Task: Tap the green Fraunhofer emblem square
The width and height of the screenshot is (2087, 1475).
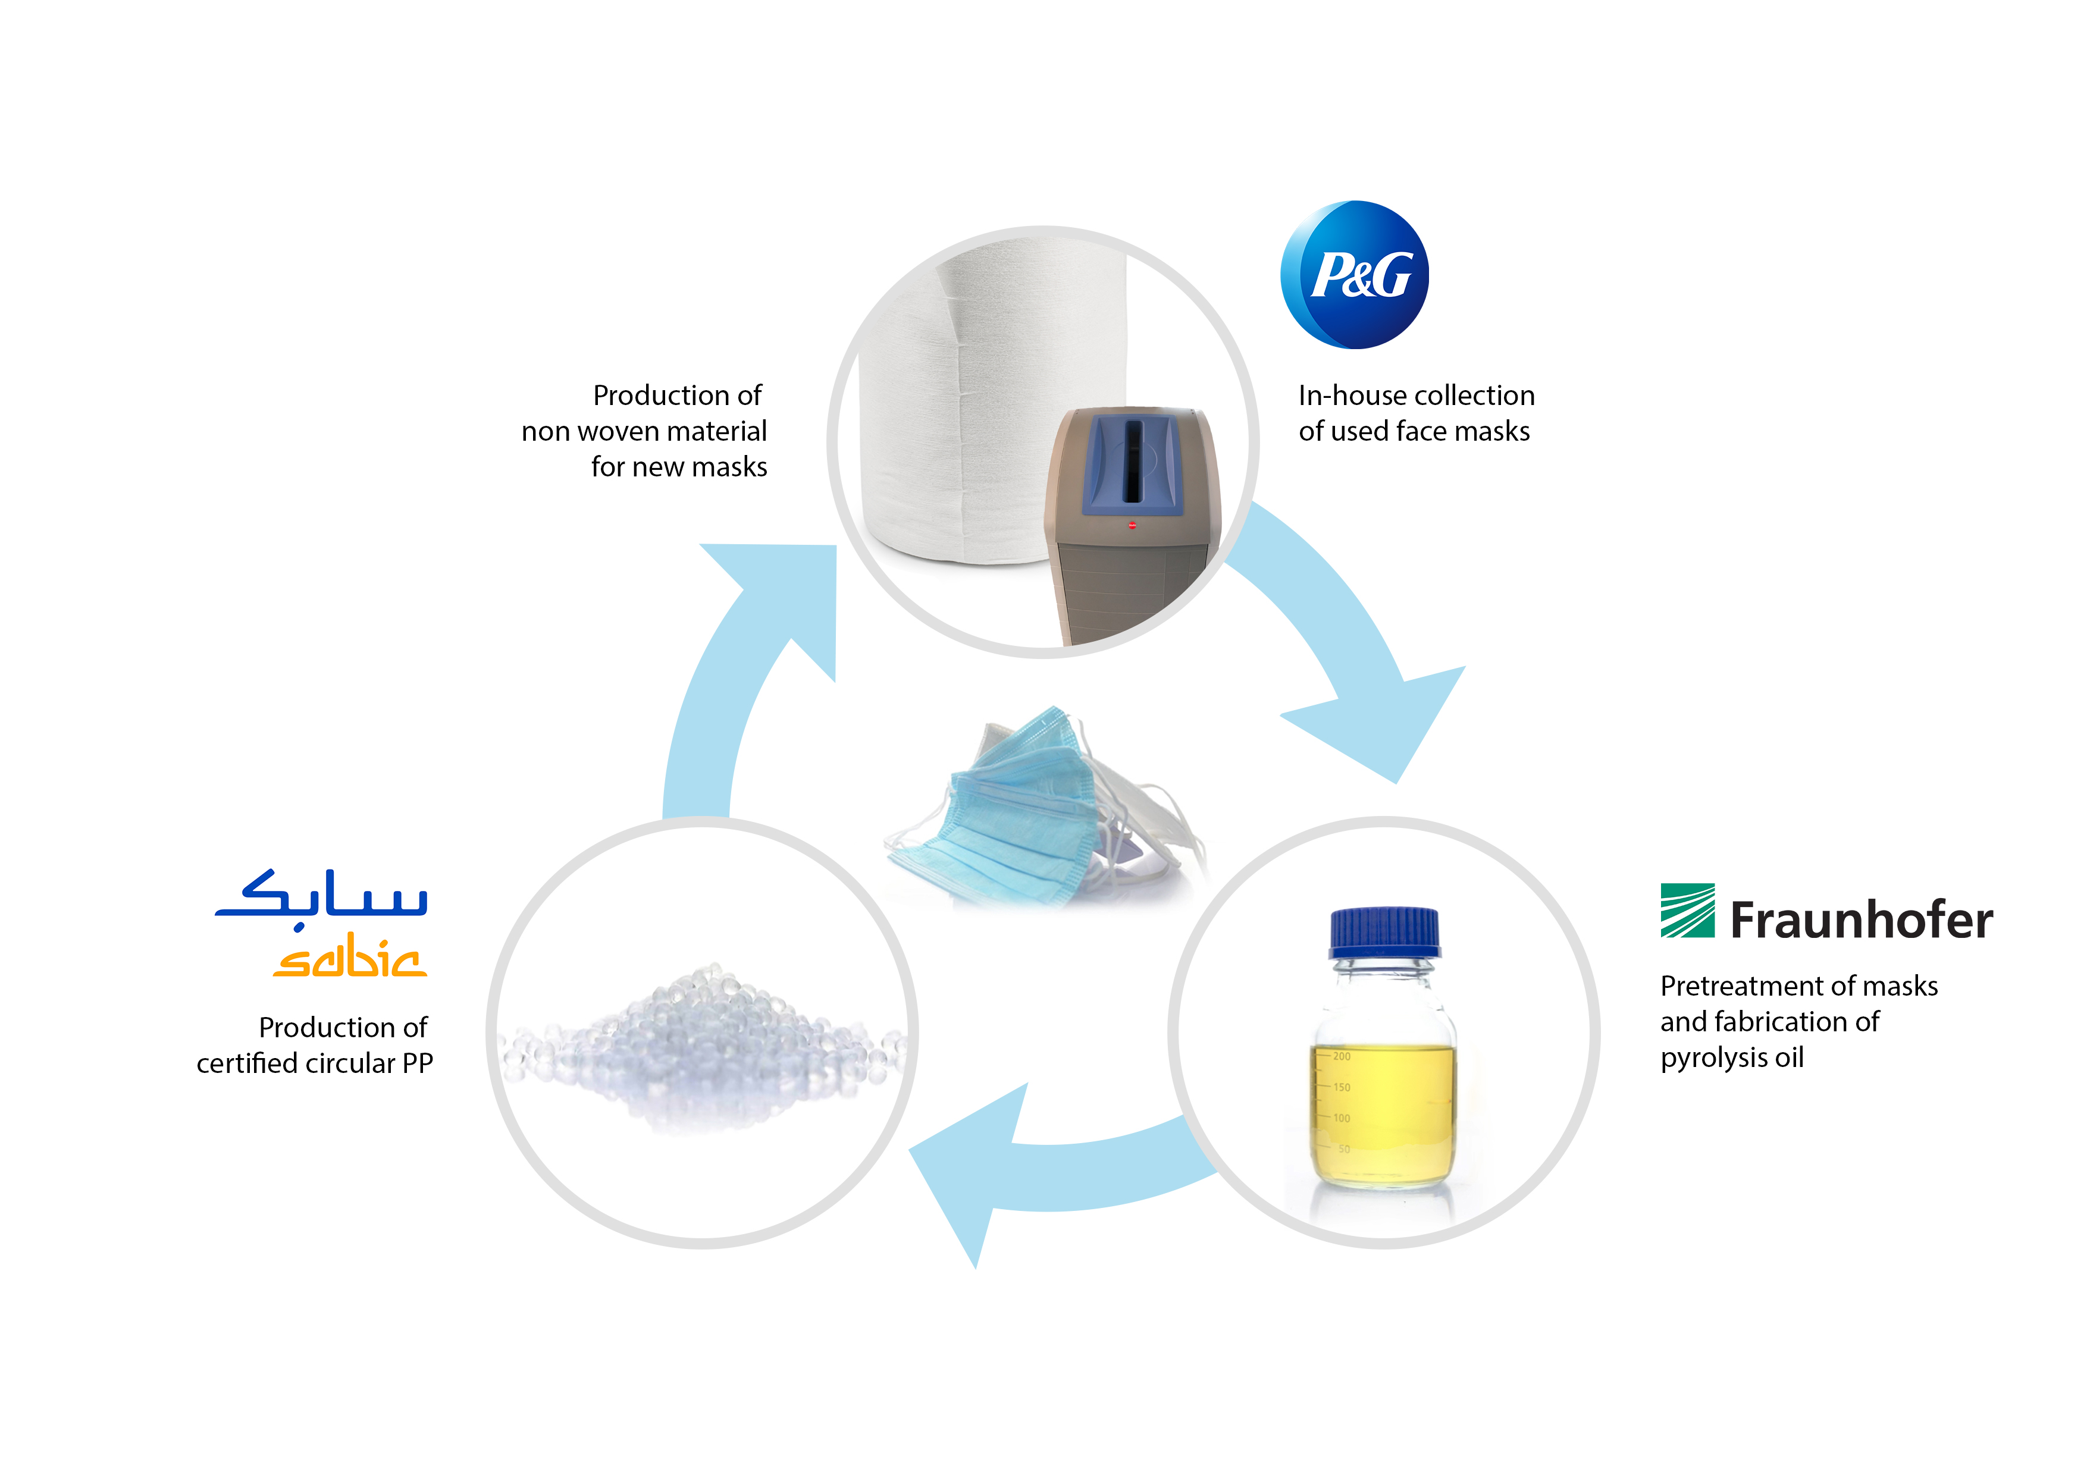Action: point(1687,910)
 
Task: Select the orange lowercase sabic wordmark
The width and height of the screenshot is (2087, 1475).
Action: point(350,958)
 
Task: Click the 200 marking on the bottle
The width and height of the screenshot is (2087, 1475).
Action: point(1342,1056)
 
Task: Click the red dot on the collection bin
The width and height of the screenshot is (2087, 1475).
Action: point(1132,525)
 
